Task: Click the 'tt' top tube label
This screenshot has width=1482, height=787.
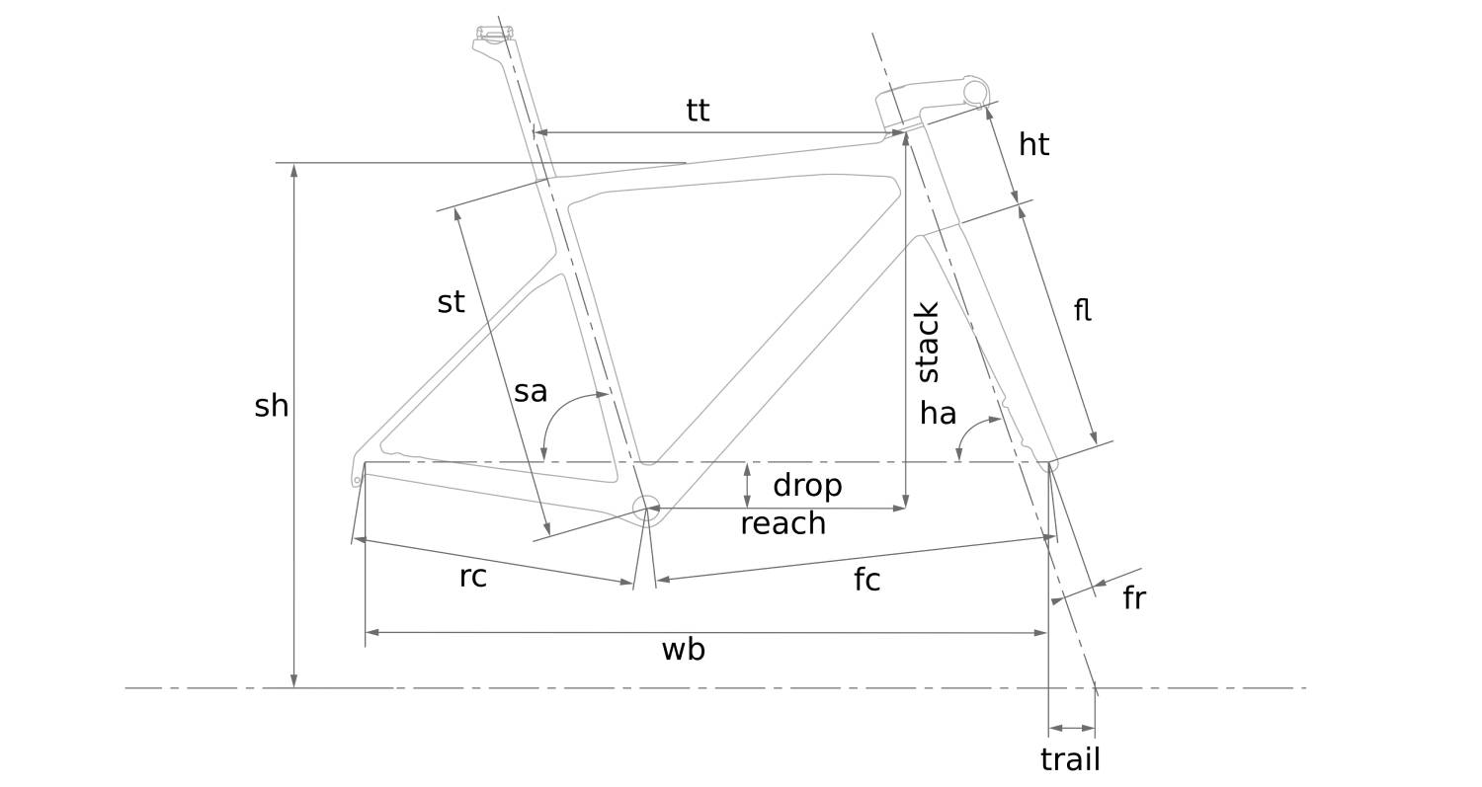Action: (698, 110)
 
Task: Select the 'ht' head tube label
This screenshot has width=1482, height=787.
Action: (1033, 145)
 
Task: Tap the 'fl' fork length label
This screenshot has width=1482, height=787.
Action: (1082, 310)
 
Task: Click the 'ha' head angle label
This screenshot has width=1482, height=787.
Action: (938, 413)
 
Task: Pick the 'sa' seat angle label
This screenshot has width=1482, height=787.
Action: (531, 392)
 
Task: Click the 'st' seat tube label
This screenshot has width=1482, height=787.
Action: (451, 302)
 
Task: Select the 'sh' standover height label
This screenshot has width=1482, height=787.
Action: (272, 406)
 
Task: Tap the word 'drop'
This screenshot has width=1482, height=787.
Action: (807, 485)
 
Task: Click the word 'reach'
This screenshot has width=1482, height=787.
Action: (782, 523)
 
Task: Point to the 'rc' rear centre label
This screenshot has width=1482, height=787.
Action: (473, 577)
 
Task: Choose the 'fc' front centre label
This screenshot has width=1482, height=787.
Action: (866, 580)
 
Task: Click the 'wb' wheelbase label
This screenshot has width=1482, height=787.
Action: (683, 649)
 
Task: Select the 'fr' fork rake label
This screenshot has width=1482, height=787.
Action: (1133, 598)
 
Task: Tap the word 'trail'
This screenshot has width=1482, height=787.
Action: (1070, 759)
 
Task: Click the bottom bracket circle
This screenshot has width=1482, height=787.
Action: (645, 509)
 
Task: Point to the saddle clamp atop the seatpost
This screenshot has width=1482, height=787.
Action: (495, 35)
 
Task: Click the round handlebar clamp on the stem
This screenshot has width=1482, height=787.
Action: (975, 93)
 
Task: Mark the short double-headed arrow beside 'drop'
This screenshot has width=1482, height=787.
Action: (747, 485)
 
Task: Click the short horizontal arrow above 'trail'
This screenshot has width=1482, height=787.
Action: (1071, 728)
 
